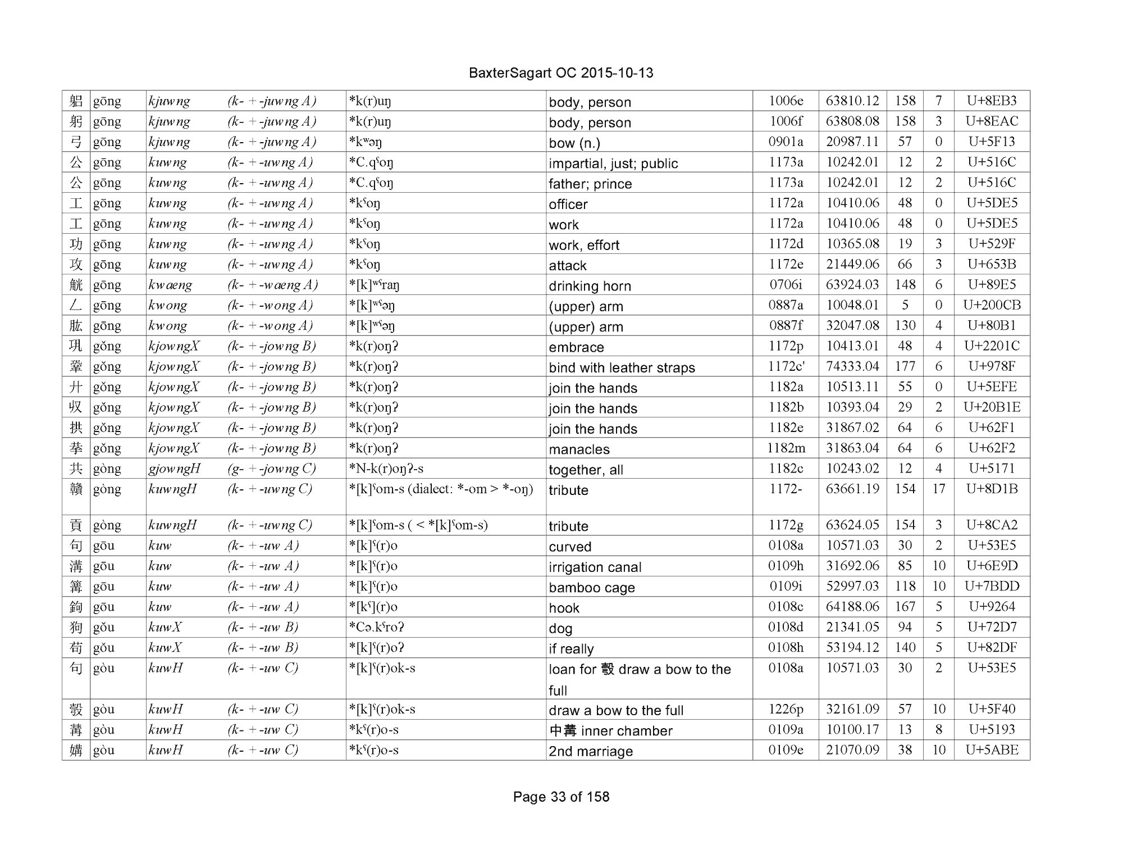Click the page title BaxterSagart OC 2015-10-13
tap(561, 73)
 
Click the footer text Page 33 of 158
tap(561, 797)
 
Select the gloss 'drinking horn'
tap(590, 286)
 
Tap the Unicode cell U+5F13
tap(992, 142)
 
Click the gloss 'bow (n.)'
tap(574, 143)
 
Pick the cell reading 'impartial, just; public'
tap(613, 163)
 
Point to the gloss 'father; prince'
tap(590, 184)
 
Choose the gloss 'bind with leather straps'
tap(622, 367)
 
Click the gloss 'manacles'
tap(579, 449)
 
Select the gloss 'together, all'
tap(586, 470)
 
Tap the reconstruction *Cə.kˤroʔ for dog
tap(376, 627)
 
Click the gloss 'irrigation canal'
tap(595, 567)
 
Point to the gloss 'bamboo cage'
tap(592, 588)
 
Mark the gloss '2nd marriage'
tap(591, 751)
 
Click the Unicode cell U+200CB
tap(992, 305)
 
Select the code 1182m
tap(786, 448)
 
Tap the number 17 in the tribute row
tap(938, 489)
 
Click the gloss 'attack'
tap(568, 265)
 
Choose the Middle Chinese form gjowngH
tap(174, 469)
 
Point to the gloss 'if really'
tap(571, 649)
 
